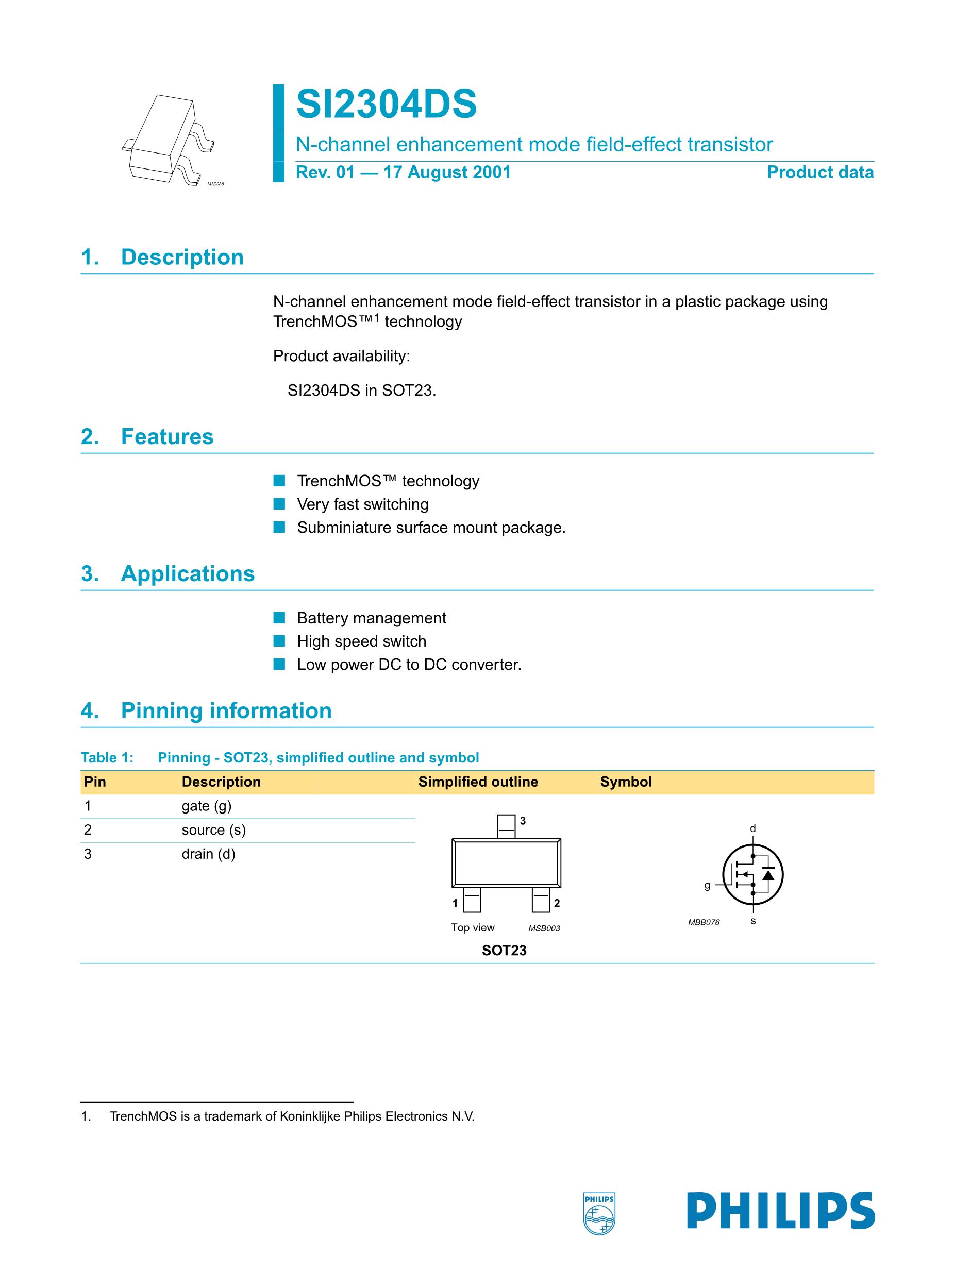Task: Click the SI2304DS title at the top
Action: (386, 105)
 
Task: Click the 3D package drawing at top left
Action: (168, 140)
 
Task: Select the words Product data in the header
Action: (819, 173)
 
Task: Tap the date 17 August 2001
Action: (447, 173)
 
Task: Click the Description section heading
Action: (182, 257)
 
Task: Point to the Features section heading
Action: (166, 437)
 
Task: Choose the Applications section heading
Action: (188, 573)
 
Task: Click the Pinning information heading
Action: (226, 711)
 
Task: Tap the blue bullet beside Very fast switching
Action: (279, 504)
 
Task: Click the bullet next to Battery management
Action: (279, 618)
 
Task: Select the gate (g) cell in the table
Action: (206, 806)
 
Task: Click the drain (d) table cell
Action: (208, 854)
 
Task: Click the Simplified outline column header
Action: (478, 782)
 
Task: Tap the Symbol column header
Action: (626, 782)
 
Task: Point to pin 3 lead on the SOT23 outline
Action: (506, 826)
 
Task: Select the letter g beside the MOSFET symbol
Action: (708, 886)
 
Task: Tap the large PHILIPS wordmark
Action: (780, 1211)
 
